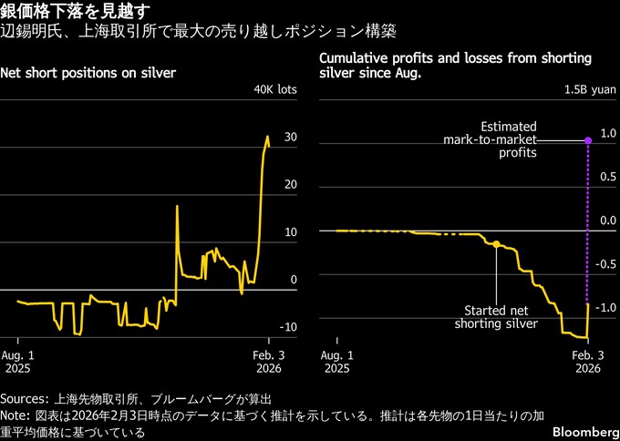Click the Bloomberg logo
[580, 429]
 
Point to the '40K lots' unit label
[275, 89]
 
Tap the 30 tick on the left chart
[290, 138]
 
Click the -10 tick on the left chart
[288, 327]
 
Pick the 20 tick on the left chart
[290, 185]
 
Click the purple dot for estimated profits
[587, 140]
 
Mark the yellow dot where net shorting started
[496, 244]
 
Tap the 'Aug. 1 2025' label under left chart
[18, 362]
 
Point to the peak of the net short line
[267, 138]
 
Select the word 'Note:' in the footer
[16, 415]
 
